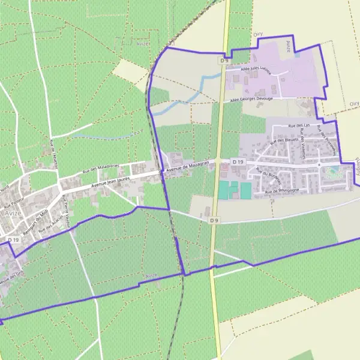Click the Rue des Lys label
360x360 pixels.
tap(298, 126)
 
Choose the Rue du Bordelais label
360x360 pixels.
tap(263, 178)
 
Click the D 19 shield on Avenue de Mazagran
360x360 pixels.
tap(239, 162)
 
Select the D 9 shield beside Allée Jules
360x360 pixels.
tap(224, 61)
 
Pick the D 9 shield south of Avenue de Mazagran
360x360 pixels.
tap(215, 220)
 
